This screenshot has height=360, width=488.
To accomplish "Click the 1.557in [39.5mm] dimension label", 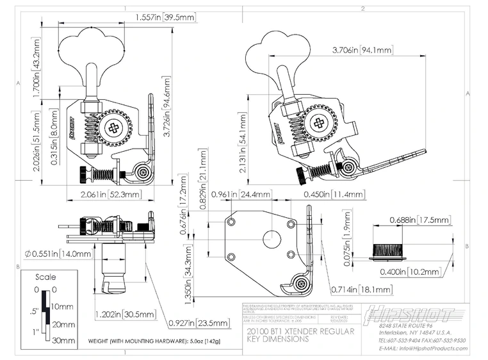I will pos(165,19).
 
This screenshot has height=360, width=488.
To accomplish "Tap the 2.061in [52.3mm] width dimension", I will pos(108,194).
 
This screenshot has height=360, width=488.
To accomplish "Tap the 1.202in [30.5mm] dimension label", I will pos(125,315).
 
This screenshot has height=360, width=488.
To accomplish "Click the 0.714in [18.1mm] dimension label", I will pos(357,288).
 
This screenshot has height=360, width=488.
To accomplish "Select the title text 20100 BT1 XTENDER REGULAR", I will pos(290,331).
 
